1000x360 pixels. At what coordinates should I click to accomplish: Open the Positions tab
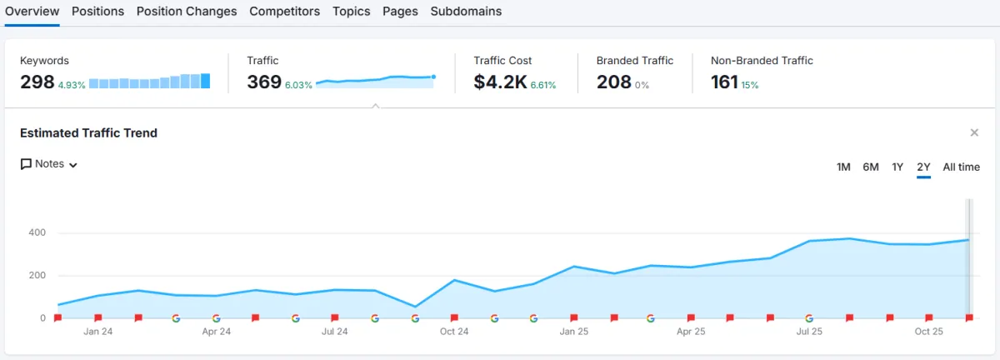pos(97,12)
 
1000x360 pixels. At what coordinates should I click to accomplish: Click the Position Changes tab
pos(187,12)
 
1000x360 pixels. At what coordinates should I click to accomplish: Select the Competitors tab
pos(284,12)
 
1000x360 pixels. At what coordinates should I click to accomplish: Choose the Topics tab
pos(351,12)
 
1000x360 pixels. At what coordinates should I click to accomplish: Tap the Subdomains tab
pos(466,12)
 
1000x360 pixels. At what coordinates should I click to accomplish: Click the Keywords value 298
pos(37,82)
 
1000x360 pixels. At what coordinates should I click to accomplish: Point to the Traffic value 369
pos(264,82)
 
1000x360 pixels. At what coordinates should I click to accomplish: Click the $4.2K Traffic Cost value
pos(500,82)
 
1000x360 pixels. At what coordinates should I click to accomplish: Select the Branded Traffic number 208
pos(614,82)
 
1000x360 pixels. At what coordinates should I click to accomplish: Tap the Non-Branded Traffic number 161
pos(724,82)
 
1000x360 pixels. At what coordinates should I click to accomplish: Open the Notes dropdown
pos(49,164)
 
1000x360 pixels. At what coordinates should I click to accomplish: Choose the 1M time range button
pos(843,167)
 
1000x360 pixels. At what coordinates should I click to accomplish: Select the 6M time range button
pos(871,167)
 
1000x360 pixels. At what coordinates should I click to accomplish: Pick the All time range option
pos(961,167)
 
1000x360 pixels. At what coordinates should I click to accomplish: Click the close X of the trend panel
pos(974,133)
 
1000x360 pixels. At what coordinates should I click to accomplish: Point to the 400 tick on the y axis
pos(36,232)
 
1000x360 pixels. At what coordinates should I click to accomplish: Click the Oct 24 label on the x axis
pos(454,332)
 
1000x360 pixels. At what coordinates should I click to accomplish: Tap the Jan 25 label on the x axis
pos(573,332)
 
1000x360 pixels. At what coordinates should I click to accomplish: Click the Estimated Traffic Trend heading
pos(88,133)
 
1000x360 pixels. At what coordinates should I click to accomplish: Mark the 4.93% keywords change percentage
pos(72,85)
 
